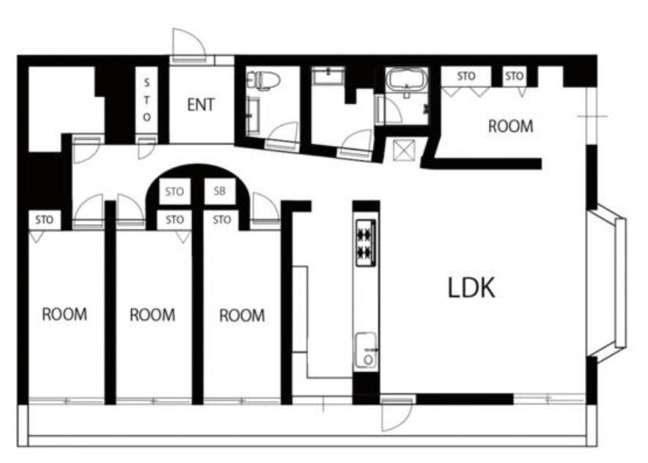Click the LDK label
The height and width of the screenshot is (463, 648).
471,288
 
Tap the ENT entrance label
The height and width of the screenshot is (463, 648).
201,105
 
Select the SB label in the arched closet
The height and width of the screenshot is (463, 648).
220,191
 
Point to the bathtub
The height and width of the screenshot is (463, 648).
407,80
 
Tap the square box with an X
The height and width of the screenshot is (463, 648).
404,150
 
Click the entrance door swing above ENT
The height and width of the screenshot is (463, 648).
188,45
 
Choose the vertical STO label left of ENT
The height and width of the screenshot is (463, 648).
147,100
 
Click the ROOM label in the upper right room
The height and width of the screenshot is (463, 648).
511,127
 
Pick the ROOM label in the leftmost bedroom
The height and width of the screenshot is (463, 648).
65,314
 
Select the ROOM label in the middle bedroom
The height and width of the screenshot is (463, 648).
152,315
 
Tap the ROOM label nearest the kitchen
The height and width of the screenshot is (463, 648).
242,316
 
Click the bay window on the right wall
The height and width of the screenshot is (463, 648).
608,284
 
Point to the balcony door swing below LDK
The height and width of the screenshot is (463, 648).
397,415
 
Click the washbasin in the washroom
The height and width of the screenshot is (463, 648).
328,76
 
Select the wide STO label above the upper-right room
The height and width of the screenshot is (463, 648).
466,76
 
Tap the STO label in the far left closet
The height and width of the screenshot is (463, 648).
44,220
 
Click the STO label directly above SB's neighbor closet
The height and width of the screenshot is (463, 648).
174,192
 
